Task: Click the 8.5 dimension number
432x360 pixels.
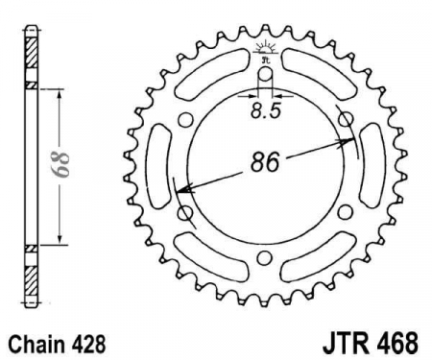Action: (x=266, y=110)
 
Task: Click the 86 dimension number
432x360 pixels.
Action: (x=265, y=161)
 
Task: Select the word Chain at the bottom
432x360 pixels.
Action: (x=36, y=345)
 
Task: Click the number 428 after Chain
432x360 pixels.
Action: (x=86, y=345)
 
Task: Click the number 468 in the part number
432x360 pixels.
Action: (x=398, y=344)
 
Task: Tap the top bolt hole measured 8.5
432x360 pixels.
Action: (x=265, y=75)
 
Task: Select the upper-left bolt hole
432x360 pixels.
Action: (x=185, y=120)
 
